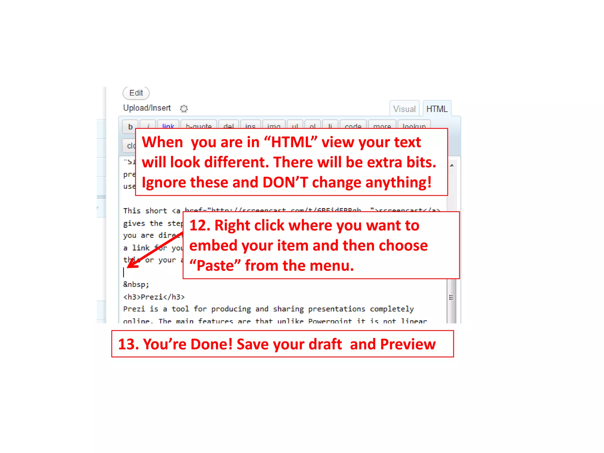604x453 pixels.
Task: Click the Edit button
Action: pyautogui.click(x=136, y=93)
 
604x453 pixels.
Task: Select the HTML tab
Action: pyautogui.click(x=436, y=109)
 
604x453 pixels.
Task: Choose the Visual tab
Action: pyautogui.click(x=404, y=109)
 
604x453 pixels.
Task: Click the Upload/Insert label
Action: pyautogui.click(x=147, y=108)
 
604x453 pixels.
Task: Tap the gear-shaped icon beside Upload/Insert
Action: pyautogui.click(x=184, y=109)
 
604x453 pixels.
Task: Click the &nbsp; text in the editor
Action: pyautogui.click(x=136, y=284)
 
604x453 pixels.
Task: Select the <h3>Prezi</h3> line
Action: pyautogui.click(x=154, y=297)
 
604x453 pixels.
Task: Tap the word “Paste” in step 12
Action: pyautogui.click(x=215, y=265)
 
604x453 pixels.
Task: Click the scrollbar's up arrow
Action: pyautogui.click(x=452, y=165)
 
